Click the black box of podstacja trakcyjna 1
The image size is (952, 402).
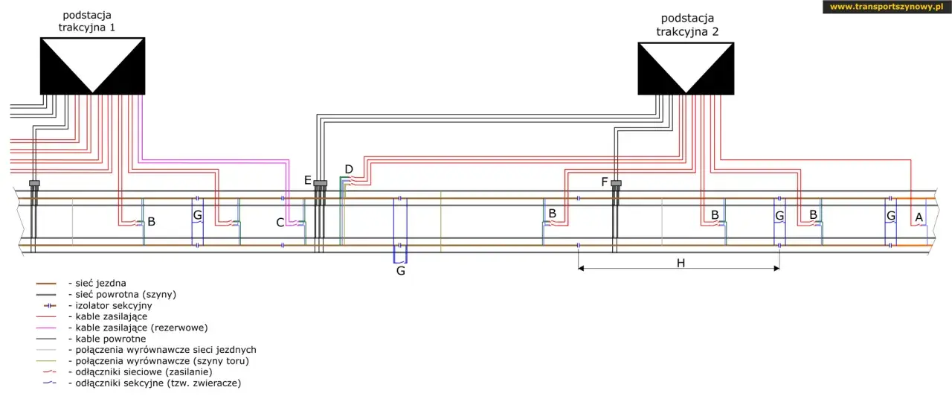tap(93, 66)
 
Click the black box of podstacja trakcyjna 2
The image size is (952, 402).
tap(686, 68)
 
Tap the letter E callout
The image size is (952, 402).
tap(308, 180)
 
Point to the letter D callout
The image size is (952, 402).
tap(349, 169)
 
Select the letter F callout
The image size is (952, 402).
tap(605, 182)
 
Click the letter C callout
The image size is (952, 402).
tap(280, 223)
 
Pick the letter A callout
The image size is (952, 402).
tap(919, 217)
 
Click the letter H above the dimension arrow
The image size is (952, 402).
tap(681, 263)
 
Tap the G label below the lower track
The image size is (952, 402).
tap(400, 271)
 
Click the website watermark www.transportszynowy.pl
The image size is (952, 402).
tap(887, 7)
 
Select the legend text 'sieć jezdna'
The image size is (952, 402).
tap(100, 283)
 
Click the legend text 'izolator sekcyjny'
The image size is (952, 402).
tap(114, 305)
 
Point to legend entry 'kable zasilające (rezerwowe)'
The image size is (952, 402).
tap(141, 328)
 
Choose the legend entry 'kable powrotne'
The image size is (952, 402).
tap(111, 339)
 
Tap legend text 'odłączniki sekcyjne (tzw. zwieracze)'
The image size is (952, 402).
tap(158, 383)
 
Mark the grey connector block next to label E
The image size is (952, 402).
tap(321, 183)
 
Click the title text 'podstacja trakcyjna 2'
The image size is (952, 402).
tap(687, 25)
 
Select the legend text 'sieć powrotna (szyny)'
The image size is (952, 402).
tap(126, 294)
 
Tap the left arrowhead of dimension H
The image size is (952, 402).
tap(581, 269)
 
